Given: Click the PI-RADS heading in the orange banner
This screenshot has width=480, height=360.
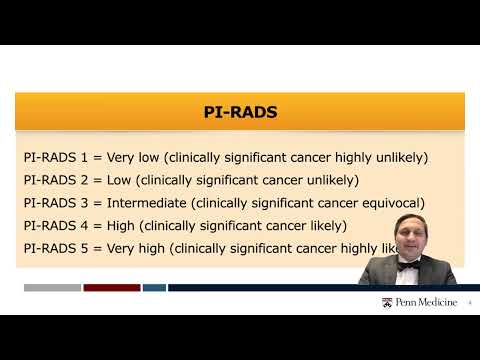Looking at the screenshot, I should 240,112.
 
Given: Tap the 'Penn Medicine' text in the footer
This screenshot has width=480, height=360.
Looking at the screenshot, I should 424,301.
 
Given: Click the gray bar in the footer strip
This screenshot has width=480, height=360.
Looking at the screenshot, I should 52,288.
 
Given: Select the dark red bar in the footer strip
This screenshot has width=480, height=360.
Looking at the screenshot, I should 111,288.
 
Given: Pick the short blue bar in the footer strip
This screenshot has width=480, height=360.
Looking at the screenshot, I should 154,288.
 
